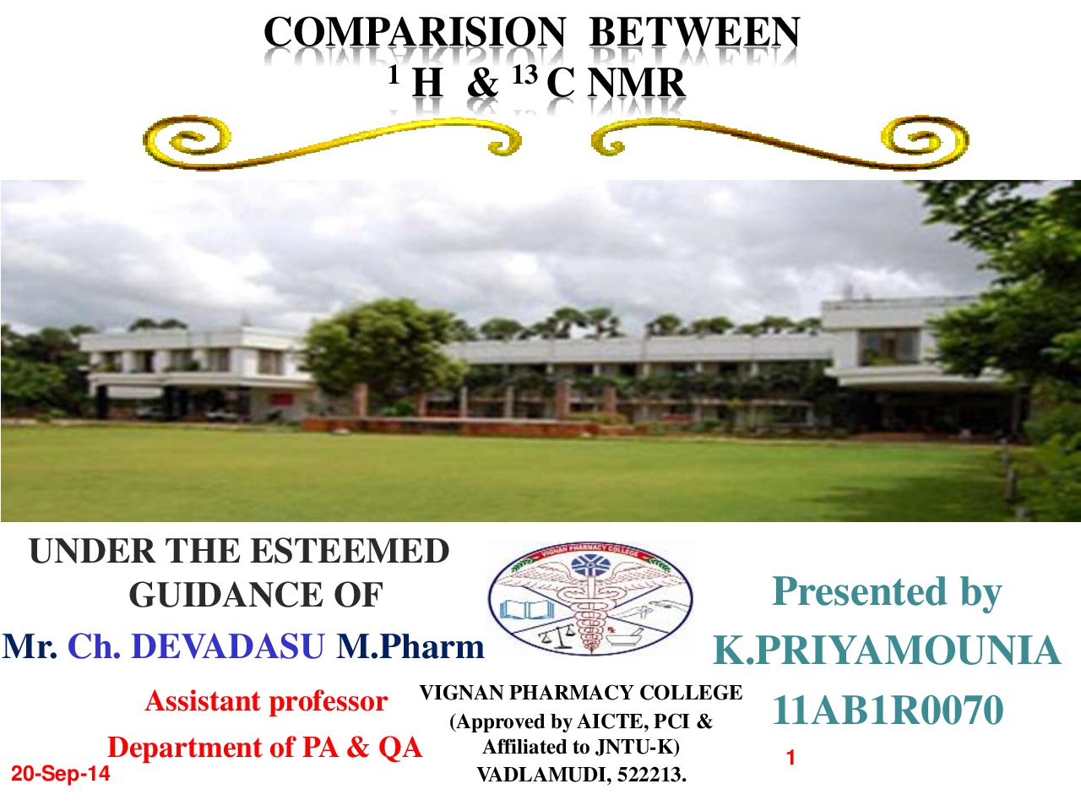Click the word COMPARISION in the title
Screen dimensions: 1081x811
tap(415, 32)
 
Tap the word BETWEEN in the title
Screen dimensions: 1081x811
tap(694, 32)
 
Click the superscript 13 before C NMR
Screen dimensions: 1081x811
tap(524, 75)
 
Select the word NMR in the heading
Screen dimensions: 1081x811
tap(636, 84)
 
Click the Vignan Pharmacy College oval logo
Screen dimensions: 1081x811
tap(590, 599)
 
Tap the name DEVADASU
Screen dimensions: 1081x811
tap(228, 645)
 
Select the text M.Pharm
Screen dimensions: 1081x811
tap(410, 645)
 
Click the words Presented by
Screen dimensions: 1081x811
tap(887, 591)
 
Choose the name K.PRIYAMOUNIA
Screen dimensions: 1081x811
tap(887, 650)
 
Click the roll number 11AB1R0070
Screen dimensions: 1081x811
tap(888, 710)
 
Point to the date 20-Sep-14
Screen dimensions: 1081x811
tap(61, 774)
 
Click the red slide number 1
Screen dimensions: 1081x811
tap(790, 758)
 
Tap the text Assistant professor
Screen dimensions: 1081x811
tap(266, 701)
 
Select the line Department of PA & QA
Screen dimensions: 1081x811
tap(265, 748)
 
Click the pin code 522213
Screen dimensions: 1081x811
tap(651, 775)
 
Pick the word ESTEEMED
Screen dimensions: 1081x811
tap(350, 551)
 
